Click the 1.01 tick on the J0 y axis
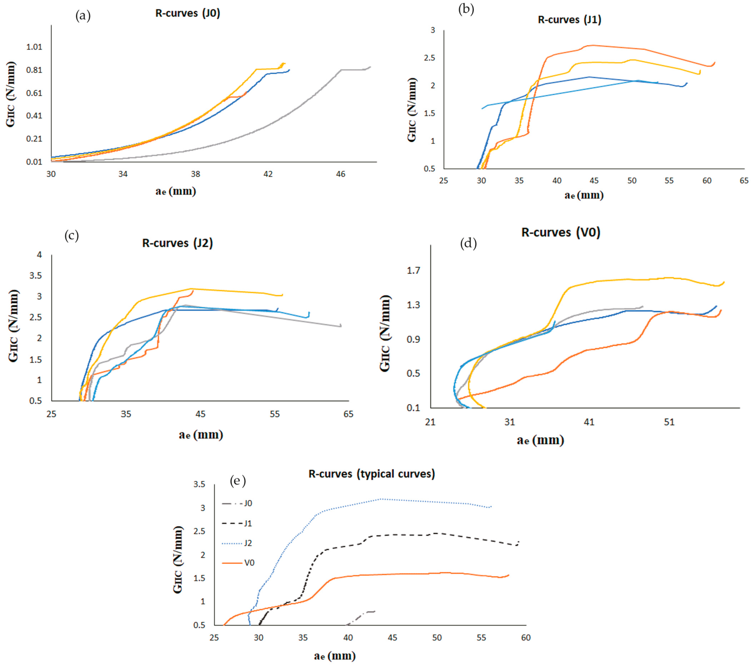[x=34, y=47]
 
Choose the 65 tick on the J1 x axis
[x=744, y=181]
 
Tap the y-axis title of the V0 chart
[x=384, y=333]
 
